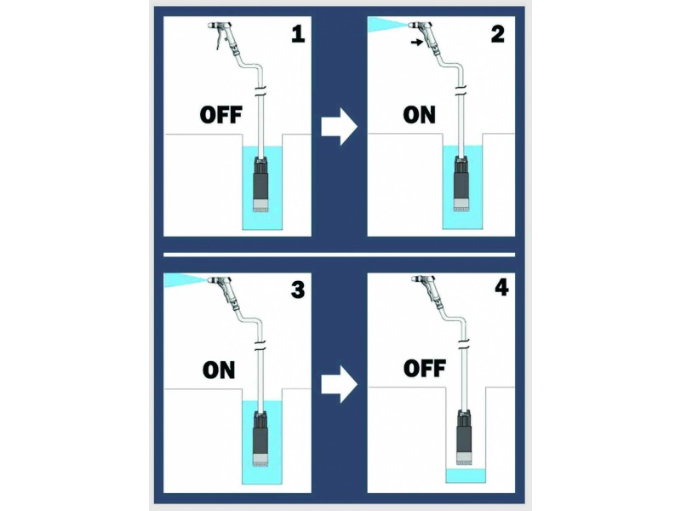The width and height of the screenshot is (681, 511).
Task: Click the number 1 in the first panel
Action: [298, 34]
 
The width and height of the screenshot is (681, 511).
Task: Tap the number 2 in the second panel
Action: [498, 34]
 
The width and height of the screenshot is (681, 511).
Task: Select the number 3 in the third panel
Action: [298, 290]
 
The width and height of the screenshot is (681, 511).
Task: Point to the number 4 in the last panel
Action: [501, 288]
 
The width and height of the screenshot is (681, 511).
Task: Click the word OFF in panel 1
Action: [220, 115]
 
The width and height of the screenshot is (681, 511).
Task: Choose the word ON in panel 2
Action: [419, 115]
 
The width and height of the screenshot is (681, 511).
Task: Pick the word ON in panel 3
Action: [219, 370]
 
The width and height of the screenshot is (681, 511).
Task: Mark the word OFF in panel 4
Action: [424, 369]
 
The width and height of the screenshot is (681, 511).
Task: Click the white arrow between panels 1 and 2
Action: [339, 127]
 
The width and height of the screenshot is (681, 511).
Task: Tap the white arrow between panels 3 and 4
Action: [339, 384]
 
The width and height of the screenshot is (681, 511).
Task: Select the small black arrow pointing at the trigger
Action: [416, 42]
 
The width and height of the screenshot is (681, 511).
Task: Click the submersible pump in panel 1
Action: [262, 184]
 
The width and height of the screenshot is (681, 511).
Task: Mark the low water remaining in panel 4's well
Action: [466, 475]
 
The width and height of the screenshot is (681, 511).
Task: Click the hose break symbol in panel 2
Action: [461, 91]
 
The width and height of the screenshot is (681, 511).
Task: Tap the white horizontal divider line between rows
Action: [339, 255]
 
